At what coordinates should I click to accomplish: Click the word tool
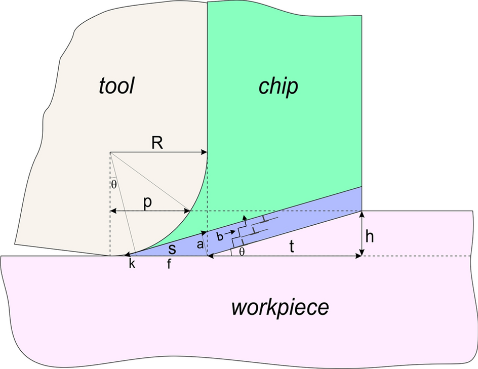pos(116,87)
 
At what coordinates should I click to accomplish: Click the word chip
pos(278,87)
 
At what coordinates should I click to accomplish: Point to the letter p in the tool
pos(147,202)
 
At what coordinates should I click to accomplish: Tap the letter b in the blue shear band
pos(219,236)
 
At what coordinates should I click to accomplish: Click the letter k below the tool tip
pos(132,265)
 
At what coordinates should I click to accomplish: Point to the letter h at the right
pos(370,237)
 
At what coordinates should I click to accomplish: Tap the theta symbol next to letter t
pos(242,252)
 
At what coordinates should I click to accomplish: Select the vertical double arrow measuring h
pos(361,233)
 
